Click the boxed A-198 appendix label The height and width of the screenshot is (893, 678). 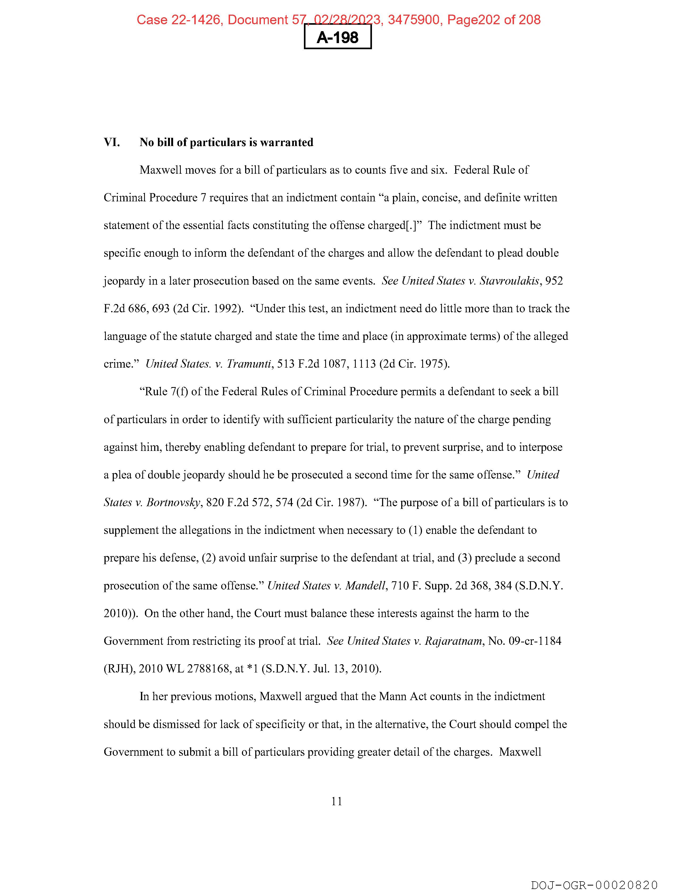pyautogui.click(x=337, y=38)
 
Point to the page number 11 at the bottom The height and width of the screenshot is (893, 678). pyautogui.click(x=337, y=801)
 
